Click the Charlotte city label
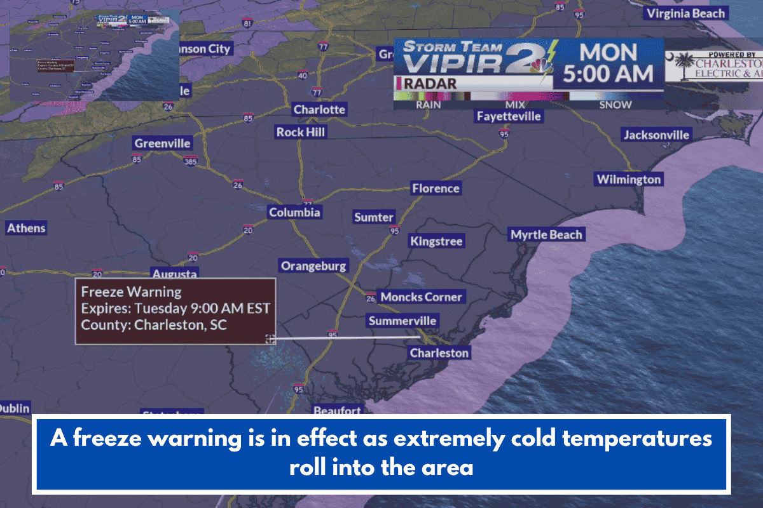coord(319,110)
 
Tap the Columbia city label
coord(294,213)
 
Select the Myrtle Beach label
coord(546,235)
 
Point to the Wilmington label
coord(628,180)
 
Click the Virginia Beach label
coord(685,13)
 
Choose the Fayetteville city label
coord(509,116)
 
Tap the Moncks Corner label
coord(421,297)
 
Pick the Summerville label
coord(402,321)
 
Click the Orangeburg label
coord(314,266)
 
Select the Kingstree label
coord(436,241)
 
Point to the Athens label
coord(27,228)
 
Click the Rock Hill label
coord(301,132)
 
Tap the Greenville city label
coord(162,144)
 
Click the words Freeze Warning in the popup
coord(132,292)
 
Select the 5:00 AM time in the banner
coord(608,74)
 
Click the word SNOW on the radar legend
coord(615,105)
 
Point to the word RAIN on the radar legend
coord(429,105)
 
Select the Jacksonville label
coord(656,135)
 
